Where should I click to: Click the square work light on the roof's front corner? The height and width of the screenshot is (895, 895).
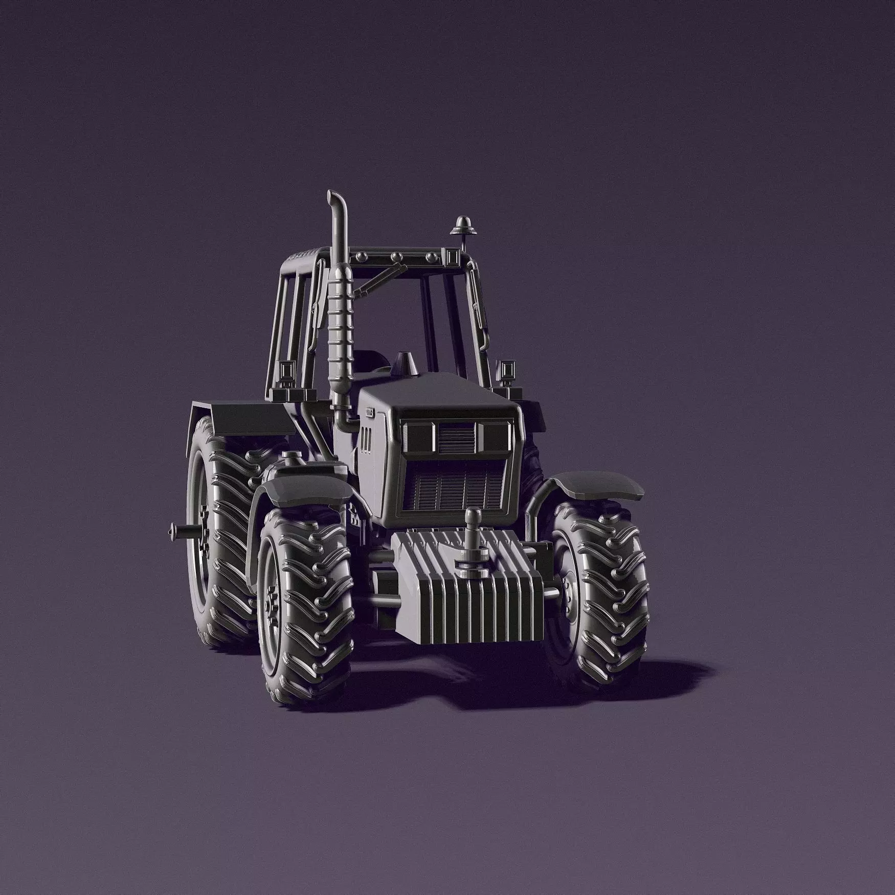pyautogui.click(x=452, y=256)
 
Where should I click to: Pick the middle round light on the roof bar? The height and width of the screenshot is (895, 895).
pyautogui.click(x=395, y=256)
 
